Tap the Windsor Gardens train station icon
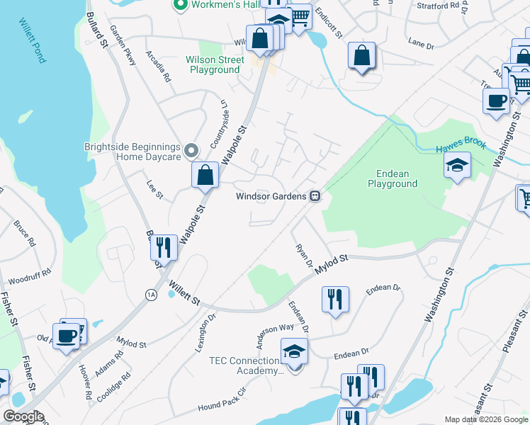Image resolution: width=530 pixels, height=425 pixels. (315, 196)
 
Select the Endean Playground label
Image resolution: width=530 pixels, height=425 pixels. (393, 178)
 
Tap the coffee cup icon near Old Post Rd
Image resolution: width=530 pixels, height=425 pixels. (67, 336)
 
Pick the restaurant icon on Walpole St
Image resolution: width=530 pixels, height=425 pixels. (163, 248)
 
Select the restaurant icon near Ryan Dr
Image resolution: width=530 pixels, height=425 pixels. (335, 299)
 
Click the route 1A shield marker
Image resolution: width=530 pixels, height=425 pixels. (151, 296)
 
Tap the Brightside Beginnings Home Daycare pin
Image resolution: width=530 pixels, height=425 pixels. (191, 151)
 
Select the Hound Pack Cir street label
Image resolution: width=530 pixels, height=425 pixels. (221, 401)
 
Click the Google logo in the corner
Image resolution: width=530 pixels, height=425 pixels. (23, 416)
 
